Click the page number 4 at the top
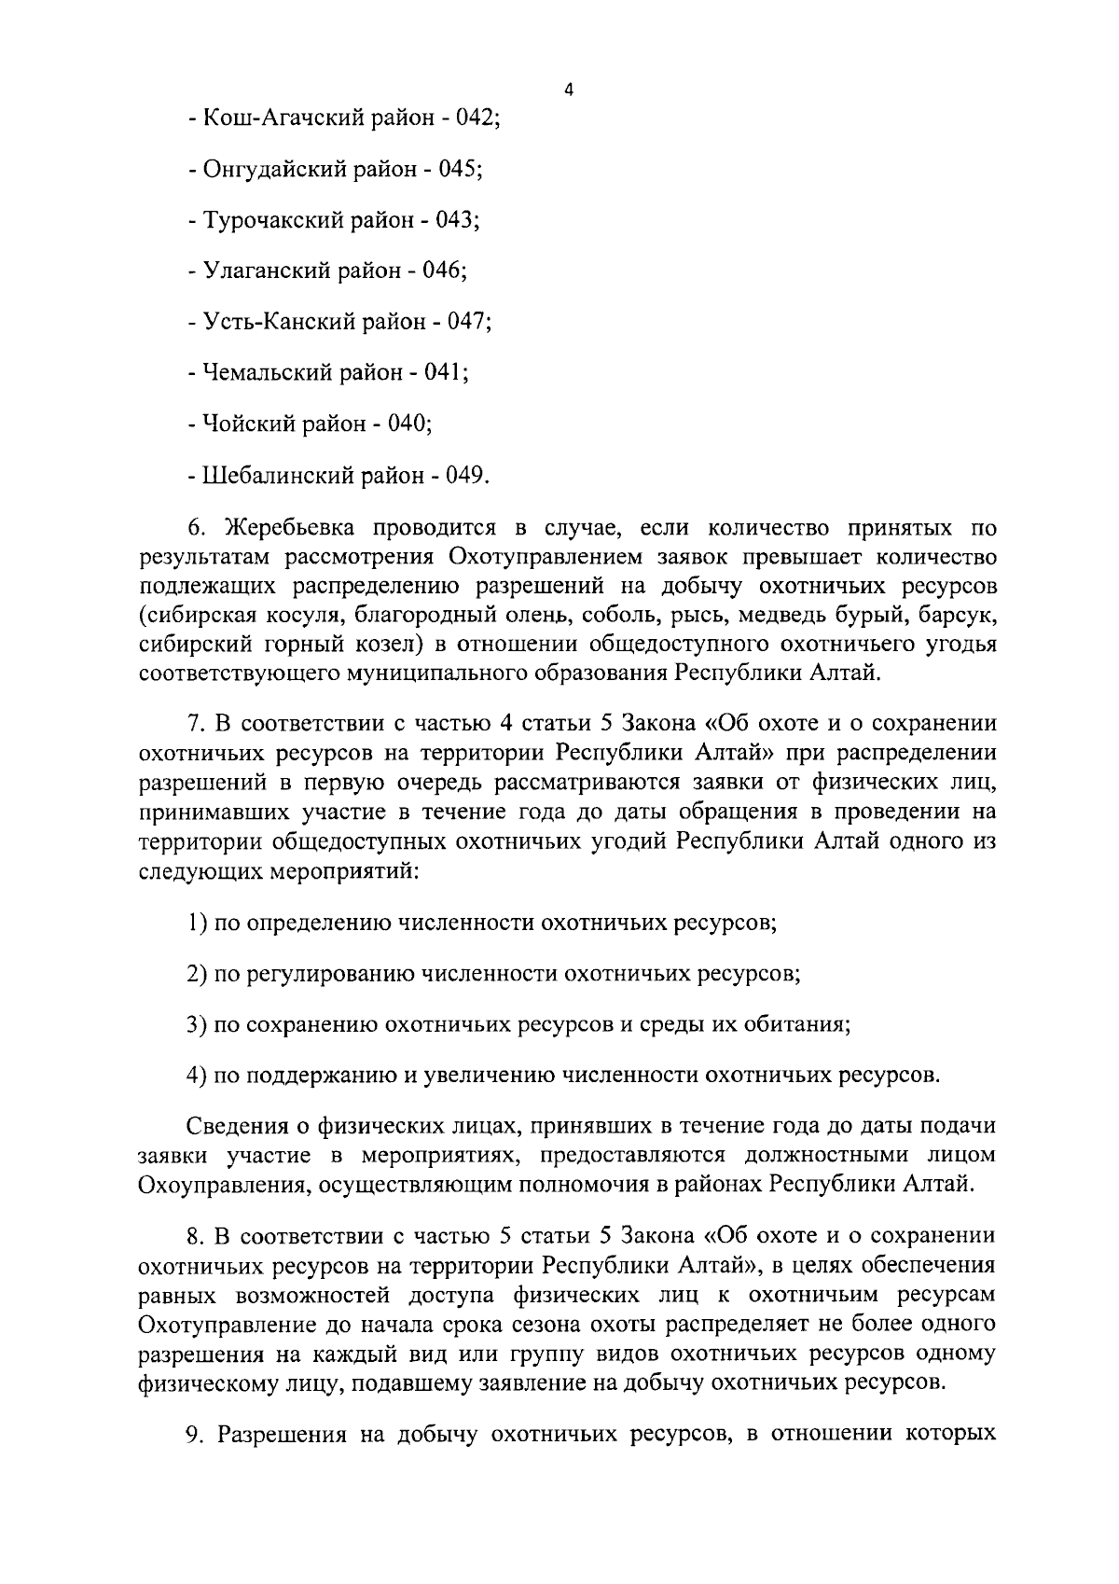pyautogui.click(x=569, y=90)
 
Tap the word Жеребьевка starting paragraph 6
pyautogui.click(x=288, y=529)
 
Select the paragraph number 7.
pyautogui.click(x=195, y=724)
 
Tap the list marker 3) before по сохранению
pyautogui.click(x=197, y=1024)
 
